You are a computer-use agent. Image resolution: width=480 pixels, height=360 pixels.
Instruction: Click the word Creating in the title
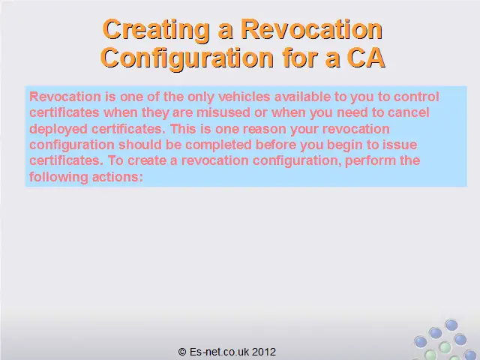(x=157, y=29)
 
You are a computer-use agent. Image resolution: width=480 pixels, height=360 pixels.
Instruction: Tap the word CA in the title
(x=366, y=58)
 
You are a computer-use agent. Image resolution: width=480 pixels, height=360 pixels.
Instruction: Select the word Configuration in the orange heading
(x=187, y=58)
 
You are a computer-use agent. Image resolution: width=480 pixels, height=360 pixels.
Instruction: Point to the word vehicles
(x=244, y=97)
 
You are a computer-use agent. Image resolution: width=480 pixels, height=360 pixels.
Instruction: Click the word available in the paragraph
(x=302, y=97)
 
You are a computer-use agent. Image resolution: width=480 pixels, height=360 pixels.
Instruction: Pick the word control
(x=416, y=97)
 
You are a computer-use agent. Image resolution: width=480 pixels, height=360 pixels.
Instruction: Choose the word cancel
(x=408, y=112)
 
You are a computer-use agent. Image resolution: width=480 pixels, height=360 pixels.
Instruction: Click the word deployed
(x=58, y=129)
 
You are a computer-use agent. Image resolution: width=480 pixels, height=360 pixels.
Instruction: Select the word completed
(x=218, y=145)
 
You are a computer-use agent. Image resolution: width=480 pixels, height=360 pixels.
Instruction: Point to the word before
(x=276, y=145)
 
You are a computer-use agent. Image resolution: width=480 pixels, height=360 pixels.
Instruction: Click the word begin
(x=344, y=145)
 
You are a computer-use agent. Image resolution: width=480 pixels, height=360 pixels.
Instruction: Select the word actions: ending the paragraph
(x=118, y=177)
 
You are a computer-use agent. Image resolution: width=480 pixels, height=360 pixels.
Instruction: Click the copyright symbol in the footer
(x=182, y=352)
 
